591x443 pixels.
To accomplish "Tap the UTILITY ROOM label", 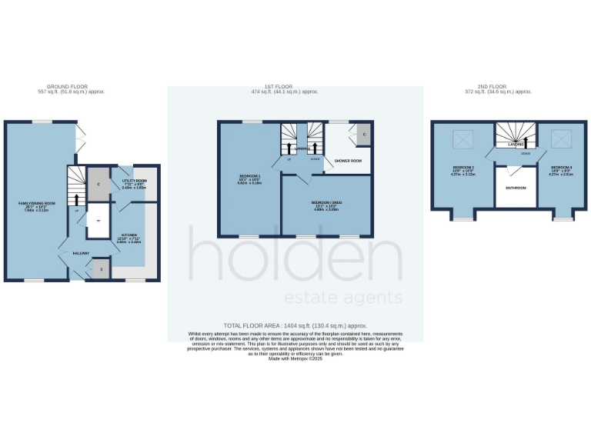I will click(x=135, y=182).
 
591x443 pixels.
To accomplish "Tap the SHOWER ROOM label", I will click(x=348, y=161).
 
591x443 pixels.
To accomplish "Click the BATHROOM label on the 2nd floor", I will click(x=516, y=188).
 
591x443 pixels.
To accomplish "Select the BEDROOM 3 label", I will click(x=463, y=167).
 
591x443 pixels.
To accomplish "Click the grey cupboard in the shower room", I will click(x=362, y=135).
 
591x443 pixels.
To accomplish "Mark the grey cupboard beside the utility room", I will click(x=98, y=185).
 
